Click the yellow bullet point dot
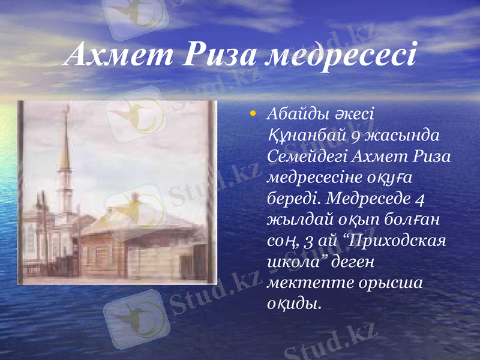[x=254, y=113]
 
